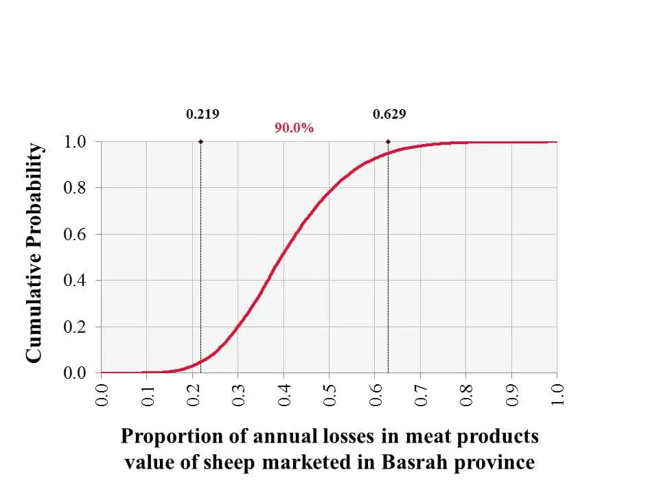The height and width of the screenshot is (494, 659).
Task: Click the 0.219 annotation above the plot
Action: click(x=203, y=115)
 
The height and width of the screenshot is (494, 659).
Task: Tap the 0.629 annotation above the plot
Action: click(x=389, y=115)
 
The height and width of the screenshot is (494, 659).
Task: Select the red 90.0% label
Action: click(x=294, y=128)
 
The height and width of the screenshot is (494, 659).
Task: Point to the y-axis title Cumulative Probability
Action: click(x=34, y=254)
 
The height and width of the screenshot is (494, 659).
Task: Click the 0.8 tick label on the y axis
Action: click(x=75, y=188)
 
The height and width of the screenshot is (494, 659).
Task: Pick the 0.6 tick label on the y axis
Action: click(x=75, y=235)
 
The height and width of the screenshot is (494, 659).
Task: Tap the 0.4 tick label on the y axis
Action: click(x=75, y=281)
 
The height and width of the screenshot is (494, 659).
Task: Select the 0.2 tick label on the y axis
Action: click(x=75, y=327)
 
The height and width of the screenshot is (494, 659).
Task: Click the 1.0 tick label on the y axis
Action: click(x=75, y=142)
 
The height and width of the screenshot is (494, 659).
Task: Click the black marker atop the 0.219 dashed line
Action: click(x=200, y=142)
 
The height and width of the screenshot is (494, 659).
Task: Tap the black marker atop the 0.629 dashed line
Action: click(x=388, y=142)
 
